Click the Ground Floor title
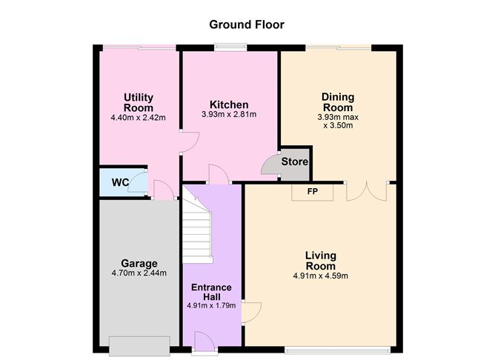pos(247,24)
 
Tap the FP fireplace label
pos(313,191)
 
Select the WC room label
pos(120,182)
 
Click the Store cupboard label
pos(294,161)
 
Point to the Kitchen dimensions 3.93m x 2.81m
pos(229,114)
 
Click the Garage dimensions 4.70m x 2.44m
pos(139,273)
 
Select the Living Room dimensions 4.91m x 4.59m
pos(320,276)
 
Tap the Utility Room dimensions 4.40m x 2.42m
pos(139,118)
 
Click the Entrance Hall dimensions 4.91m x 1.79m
pos(211,305)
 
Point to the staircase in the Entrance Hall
pos(196,230)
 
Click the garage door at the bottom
pos(139,346)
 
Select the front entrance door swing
pos(205,341)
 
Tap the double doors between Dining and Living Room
pos(367,192)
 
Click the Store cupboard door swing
pos(270,164)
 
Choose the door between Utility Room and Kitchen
pos(190,142)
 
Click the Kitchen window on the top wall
pos(230,47)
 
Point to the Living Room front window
pos(337,350)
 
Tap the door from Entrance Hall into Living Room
pos(252,313)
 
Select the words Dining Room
pos(338,102)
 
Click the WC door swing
pos(138,182)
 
